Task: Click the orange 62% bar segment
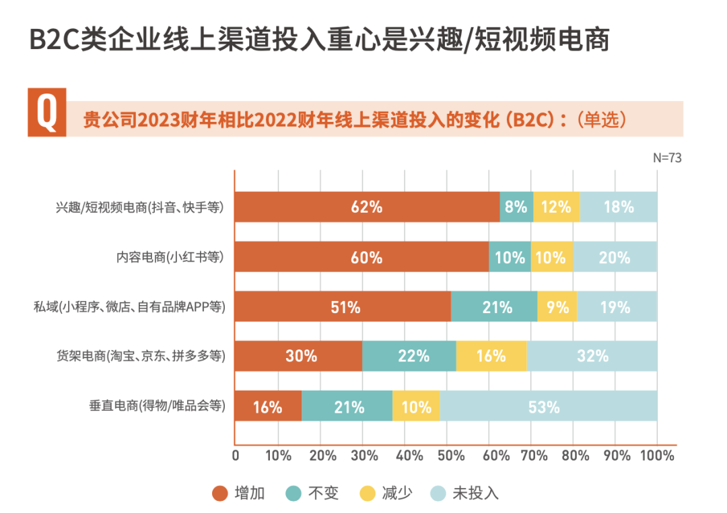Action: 367,207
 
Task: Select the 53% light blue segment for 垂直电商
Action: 548,406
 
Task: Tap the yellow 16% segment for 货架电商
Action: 491,356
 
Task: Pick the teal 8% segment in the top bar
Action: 516,207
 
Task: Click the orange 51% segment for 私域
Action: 343,306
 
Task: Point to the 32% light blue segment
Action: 592,356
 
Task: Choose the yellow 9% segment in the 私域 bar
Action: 557,306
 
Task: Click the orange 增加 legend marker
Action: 220,493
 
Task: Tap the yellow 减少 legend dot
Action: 367,493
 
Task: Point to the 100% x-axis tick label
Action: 656,456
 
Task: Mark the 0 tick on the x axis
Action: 235,456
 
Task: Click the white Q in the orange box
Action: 46,112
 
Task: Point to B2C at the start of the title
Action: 53,40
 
